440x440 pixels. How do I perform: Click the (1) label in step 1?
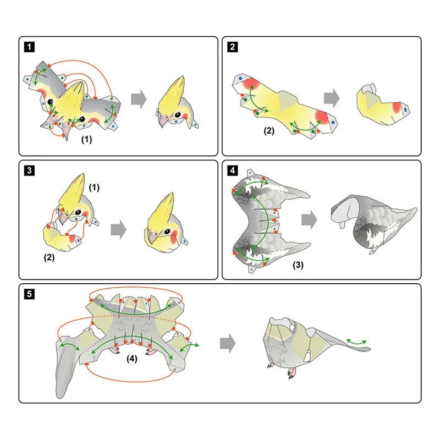pos(86,139)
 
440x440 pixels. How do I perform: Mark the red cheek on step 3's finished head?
pos(174,237)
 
